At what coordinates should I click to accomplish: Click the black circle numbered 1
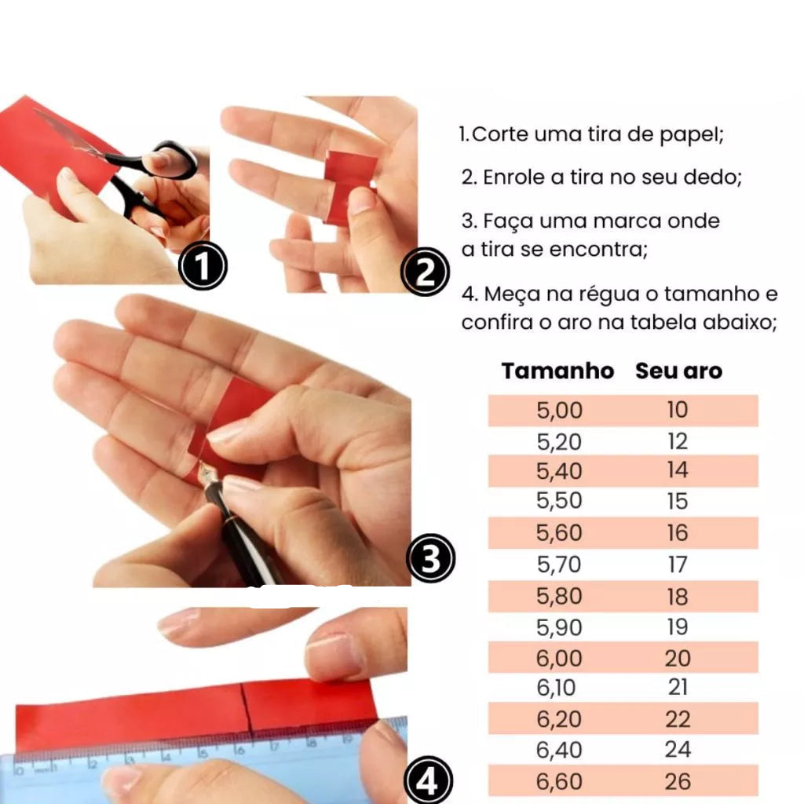pyautogui.click(x=203, y=265)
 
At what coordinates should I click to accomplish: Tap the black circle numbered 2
pyautogui.click(x=425, y=272)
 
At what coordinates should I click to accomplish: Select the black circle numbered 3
pyautogui.click(x=431, y=558)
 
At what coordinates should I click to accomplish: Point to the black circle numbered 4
pyautogui.click(x=428, y=780)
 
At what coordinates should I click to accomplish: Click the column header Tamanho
pyautogui.click(x=558, y=371)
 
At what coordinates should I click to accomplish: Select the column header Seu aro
pyautogui.click(x=679, y=371)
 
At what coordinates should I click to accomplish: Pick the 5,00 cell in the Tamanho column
pyautogui.click(x=559, y=410)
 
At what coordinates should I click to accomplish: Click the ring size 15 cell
pyautogui.click(x=678, y=501)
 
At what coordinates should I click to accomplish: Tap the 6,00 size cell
pyautogui.click(x=559, y=658)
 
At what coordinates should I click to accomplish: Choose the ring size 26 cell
pyautogui.click(x=678, y=781)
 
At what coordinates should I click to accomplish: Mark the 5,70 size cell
pyautogui.click(x=559, y=565)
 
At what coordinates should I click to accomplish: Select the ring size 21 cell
pyautogui.click(x=678, y=687)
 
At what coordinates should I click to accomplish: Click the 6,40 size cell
pyautogui.click(x=559, y=750)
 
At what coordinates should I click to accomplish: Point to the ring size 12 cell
pyautogui.click(x=678, y=441)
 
